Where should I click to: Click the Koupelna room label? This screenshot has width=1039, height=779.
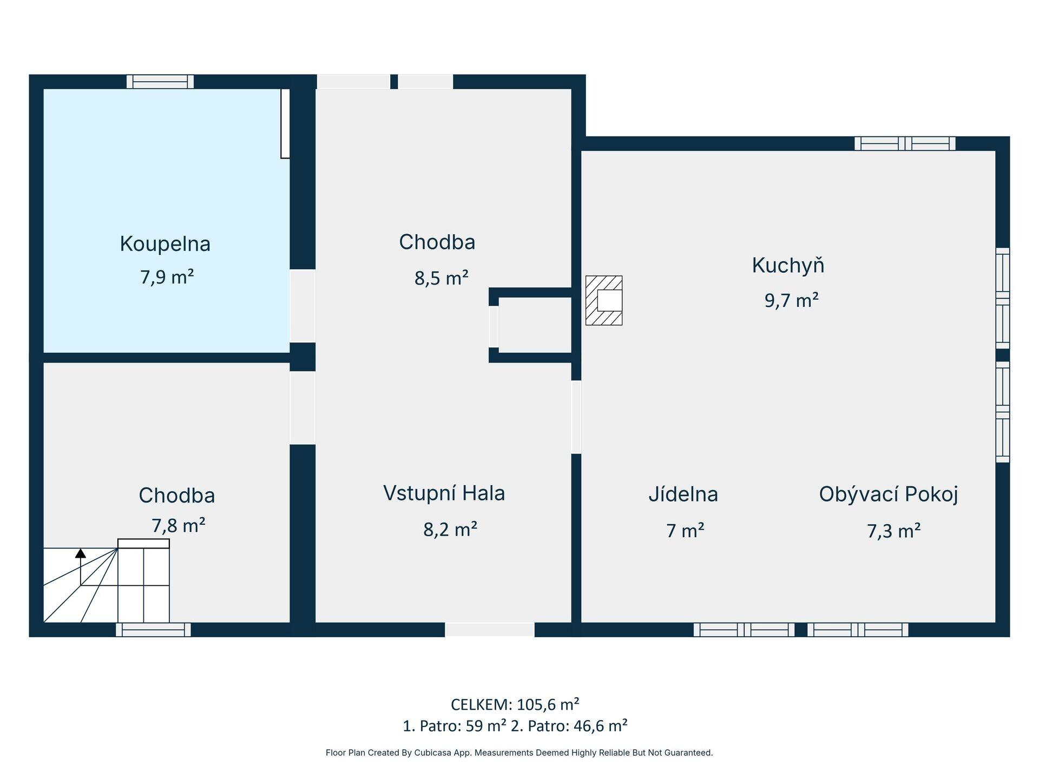coord(165,244)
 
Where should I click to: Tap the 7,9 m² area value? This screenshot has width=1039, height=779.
coord(167,277)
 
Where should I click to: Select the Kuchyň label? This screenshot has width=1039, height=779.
coord(788,265)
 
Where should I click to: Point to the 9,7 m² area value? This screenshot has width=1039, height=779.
coord(791,300)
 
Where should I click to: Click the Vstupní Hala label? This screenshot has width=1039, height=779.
coord(444,493)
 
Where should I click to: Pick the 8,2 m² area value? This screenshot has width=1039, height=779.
coord(450,529)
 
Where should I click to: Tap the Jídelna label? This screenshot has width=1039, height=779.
coord(683,494)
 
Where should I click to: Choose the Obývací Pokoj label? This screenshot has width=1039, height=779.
coord(889,494)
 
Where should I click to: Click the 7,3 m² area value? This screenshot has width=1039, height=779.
coord(894,531)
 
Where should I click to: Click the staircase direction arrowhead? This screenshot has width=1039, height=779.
coord(81,553)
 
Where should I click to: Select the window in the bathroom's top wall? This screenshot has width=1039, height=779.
coord(160,82)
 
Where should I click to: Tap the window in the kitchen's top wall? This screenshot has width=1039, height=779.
coord(905,143)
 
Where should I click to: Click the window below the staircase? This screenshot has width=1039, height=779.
coord(153,630)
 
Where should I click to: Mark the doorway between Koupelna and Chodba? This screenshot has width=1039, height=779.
coord(303,306)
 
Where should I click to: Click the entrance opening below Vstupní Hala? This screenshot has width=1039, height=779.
coord(490,630)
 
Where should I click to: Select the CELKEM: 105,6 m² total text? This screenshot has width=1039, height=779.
coord(515,704)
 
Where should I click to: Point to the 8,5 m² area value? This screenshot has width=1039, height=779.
coord(442,278)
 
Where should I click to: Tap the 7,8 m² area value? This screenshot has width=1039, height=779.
coord(178,525)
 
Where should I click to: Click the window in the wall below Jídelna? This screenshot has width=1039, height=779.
coord(744,630)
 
